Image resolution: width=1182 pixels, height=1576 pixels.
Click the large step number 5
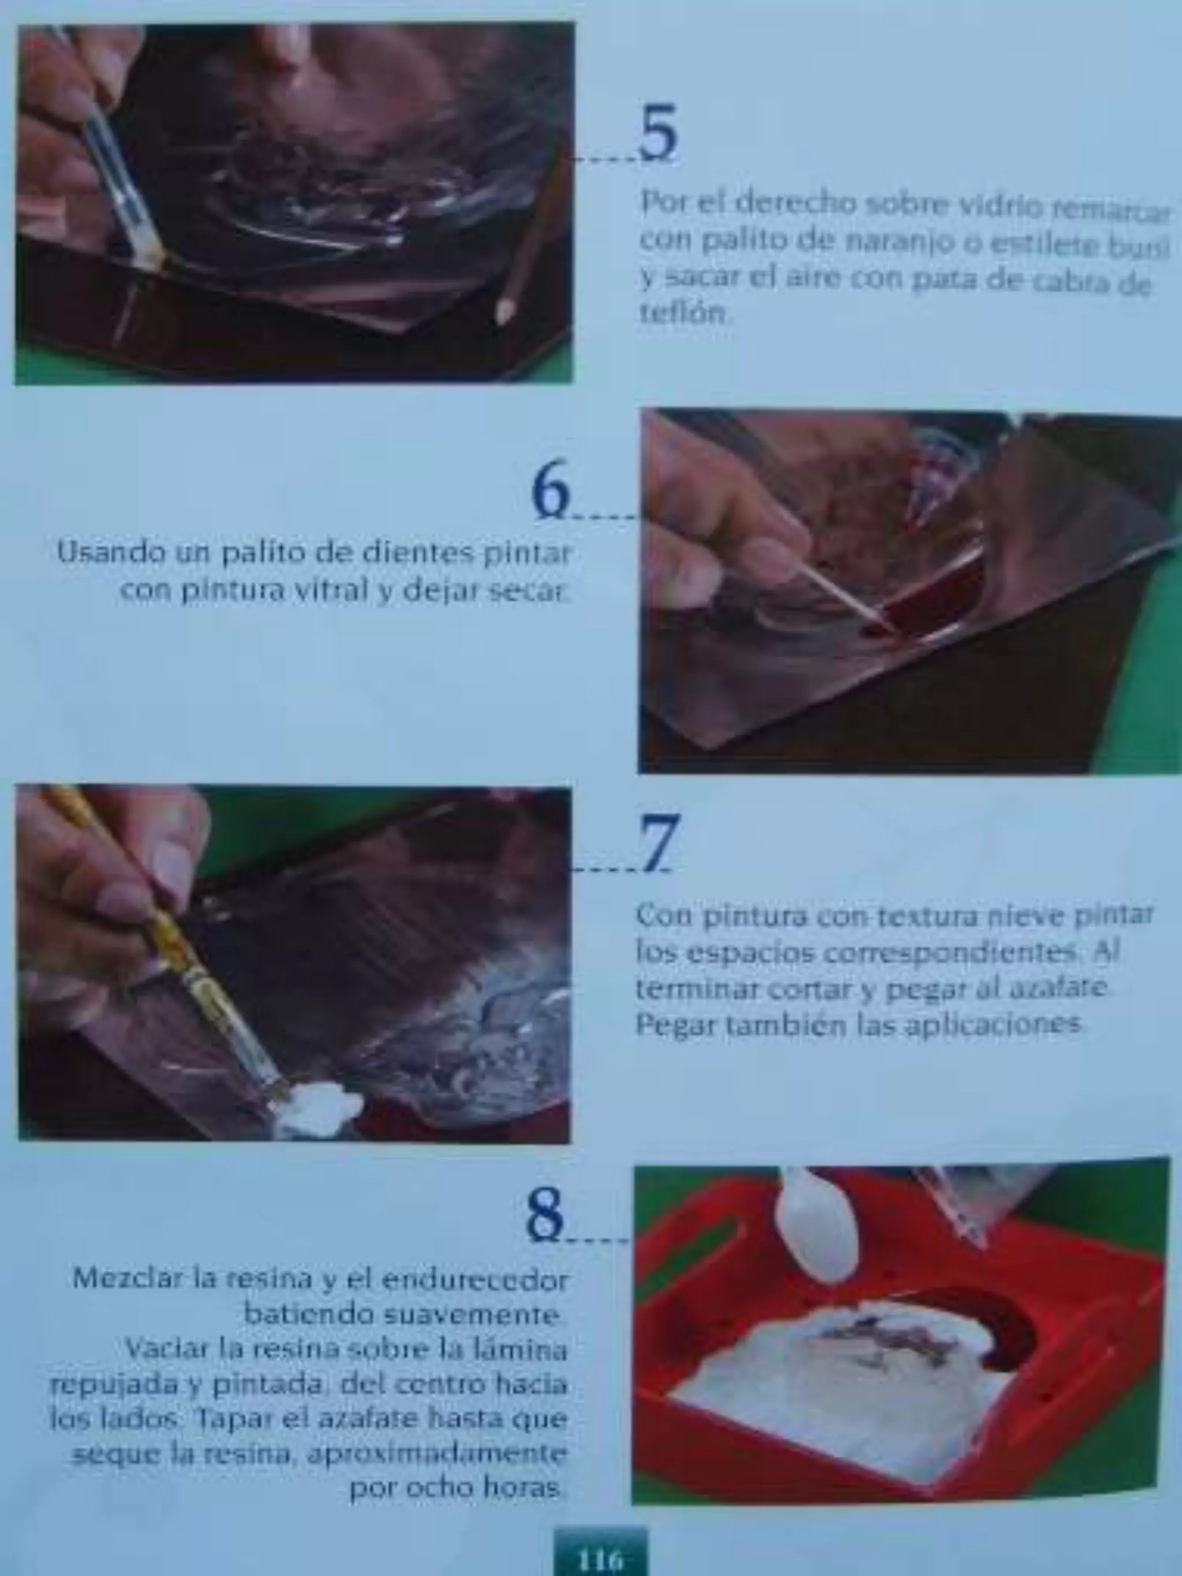657,133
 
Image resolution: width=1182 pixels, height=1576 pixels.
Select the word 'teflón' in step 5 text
684,314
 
